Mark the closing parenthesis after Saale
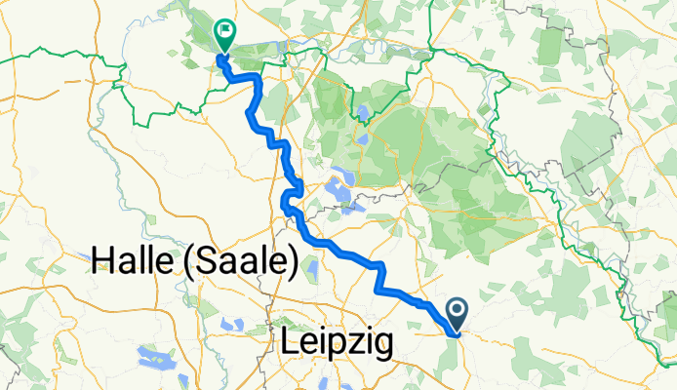coord(292,262)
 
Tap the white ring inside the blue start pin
coord(458,310)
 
